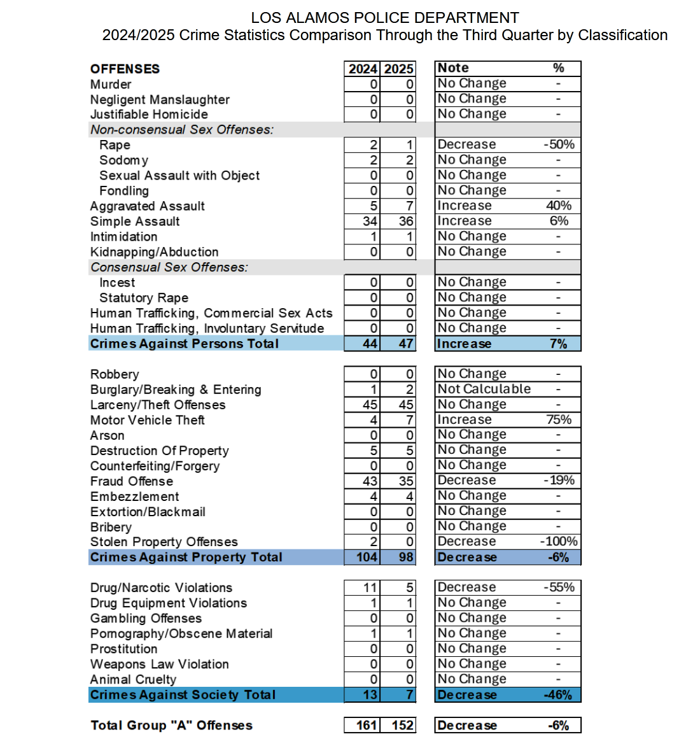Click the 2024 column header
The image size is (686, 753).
point(362,69)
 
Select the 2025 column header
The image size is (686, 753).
point(399,69)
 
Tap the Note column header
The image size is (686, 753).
point(453,68)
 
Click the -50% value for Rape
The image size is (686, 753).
point(559,144)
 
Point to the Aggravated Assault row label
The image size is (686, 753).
point(147,206)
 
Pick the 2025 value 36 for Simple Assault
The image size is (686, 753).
point(406,222)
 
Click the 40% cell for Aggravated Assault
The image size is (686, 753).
point(559,206)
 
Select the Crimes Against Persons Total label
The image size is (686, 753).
point(184,344)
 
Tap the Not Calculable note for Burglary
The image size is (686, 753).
point(484,389)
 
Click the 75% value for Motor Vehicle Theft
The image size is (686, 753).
point(559,419)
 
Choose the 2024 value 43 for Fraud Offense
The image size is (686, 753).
point(370,481)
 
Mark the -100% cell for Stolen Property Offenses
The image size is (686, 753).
point(559,542)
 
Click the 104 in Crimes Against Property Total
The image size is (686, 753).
point(367,558)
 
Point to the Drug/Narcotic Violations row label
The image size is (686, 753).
point(161,588)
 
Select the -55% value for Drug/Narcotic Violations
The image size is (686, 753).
point(559,588)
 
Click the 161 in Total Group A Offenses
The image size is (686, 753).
point(367,726)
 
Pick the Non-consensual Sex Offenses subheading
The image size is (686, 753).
point(181,130)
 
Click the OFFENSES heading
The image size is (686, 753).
point(125,69)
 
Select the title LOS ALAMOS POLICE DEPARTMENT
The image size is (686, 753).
point(385,18)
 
